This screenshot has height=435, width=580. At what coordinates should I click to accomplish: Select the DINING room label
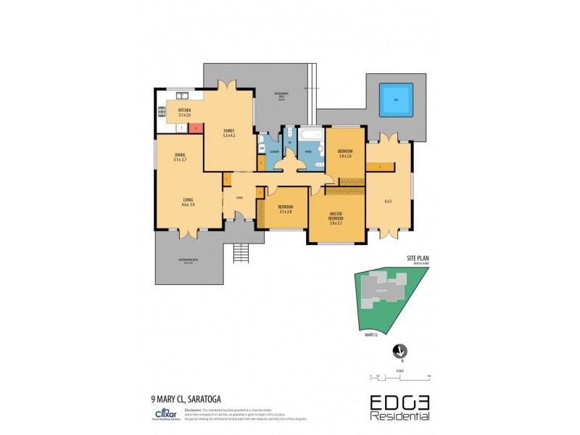[x=180, y=154]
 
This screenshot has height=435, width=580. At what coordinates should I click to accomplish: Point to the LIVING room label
[x=188, y=200]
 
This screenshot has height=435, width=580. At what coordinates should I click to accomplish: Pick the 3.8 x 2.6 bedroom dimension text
[x=344, y=156]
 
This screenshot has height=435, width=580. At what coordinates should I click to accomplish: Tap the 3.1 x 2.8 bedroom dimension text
[x=284, y=212]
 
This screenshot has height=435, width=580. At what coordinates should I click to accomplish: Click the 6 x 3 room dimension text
[x=388, y=201]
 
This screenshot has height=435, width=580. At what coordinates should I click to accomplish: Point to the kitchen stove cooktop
[x=162, y=112]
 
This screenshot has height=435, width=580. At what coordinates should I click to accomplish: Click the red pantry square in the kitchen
[x=194, y=128]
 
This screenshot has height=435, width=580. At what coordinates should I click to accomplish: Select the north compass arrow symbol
[x=397, y=352]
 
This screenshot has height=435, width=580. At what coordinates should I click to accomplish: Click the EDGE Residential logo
[x=399, y=407]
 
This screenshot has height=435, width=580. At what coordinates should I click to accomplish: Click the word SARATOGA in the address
[x=206, y=397]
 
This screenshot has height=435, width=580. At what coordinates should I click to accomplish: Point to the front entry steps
[x=241, y=253]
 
